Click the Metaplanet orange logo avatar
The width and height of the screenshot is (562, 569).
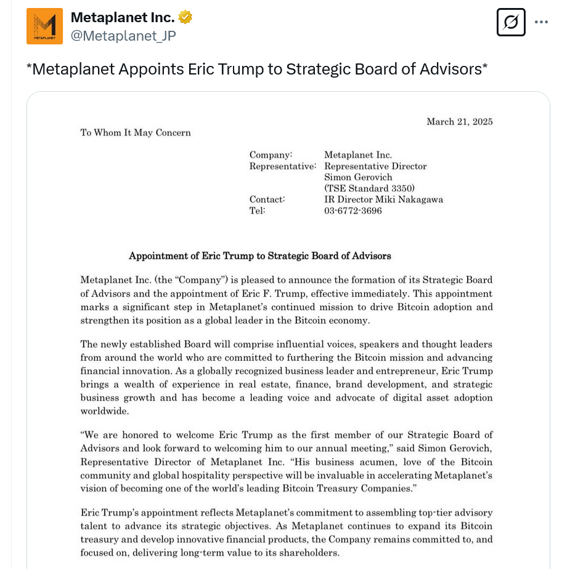(x=44, y=26)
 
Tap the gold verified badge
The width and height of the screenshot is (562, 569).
(x=185, y=17)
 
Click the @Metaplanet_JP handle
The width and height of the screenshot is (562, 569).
(x=123, y=36)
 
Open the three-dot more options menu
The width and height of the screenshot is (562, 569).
(x=541, y=22)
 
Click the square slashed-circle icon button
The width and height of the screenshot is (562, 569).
(x=511, y=22)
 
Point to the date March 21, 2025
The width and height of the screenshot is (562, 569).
(x=459, y=121)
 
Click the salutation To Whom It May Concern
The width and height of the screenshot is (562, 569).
(x=136, y=132)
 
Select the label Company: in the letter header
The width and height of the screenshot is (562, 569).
(x=271, y=155)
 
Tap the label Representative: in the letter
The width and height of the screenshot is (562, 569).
(x=282, y=166)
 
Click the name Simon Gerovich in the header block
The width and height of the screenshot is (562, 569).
(x=358, y=177)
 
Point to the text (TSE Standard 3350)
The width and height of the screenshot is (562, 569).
(x=369, y=188)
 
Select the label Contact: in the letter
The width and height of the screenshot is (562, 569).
(x=267, y=200)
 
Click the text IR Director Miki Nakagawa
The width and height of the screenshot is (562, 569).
(x=383, y=200)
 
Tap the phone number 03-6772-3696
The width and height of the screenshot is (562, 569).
(x=353, y=211)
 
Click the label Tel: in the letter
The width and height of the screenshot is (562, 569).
(x=257, y=211)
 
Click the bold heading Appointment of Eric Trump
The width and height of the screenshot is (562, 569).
(x=259, y=256)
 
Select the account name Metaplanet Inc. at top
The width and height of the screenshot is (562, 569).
(x=123, y=17)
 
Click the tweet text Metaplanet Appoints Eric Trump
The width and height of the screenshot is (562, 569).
(x=257, y=69)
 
